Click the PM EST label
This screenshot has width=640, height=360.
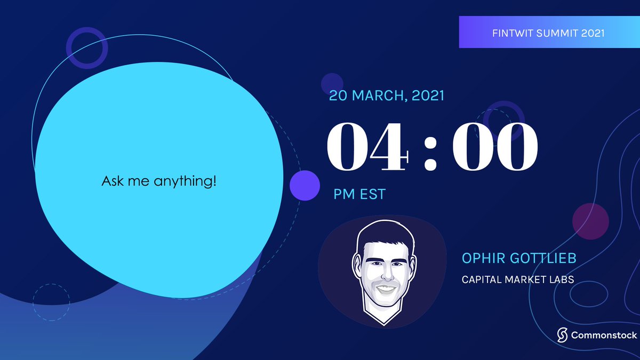point(359,194)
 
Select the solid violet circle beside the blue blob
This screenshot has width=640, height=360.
point(305,186)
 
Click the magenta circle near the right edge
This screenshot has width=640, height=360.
point(590,221)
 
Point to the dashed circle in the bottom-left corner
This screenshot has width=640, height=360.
point(51,302)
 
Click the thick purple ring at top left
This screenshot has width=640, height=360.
point(87,48)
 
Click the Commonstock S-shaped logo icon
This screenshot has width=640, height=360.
point(562,335)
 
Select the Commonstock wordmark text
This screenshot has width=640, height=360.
point(600,335)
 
